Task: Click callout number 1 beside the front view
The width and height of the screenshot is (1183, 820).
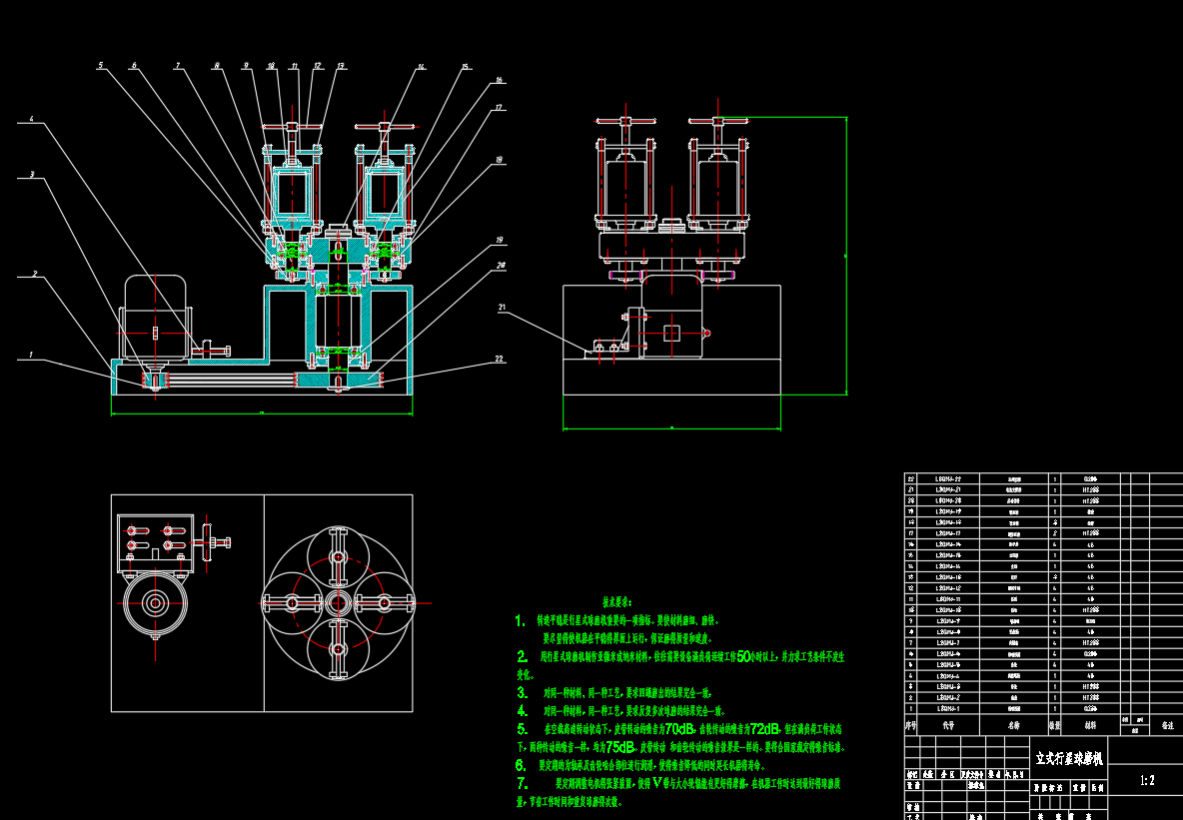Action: pos(32,354)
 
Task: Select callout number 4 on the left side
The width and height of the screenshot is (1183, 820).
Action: pos(31,120)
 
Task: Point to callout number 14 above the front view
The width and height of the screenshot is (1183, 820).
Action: pos(421,67)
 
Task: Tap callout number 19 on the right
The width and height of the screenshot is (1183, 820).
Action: pos(498,240)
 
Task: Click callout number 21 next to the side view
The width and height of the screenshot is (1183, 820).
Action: pos(502,307)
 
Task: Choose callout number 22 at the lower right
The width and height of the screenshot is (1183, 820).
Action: pos(499,358)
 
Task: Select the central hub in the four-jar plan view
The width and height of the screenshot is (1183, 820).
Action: pos(338,602)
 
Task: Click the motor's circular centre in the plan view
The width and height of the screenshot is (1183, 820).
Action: pos(155,602)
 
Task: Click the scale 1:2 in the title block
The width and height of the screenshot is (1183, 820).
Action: pos(1145,781)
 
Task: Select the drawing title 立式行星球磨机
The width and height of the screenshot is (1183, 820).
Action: pos(1069,760)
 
